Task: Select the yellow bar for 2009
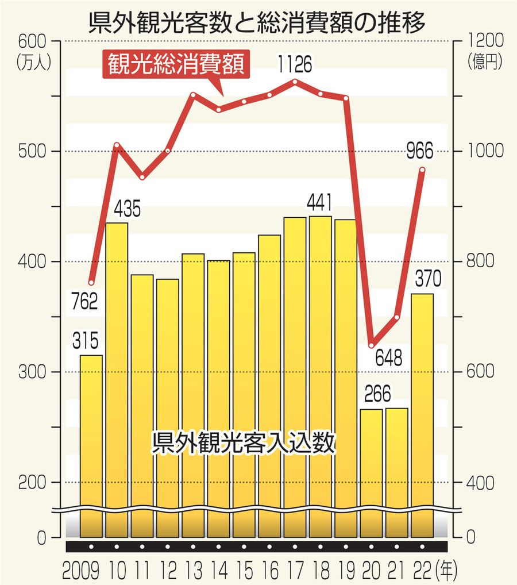click(91, 445)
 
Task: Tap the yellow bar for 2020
click(371, 471)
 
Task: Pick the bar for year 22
click(422, 414)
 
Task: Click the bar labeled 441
click(321, 374)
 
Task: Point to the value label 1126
click(294, 64)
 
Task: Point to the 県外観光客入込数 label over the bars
click(242, 443)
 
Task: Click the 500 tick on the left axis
click(31, 151)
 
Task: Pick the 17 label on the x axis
click(295, 571)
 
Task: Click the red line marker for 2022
click(422, 170)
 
